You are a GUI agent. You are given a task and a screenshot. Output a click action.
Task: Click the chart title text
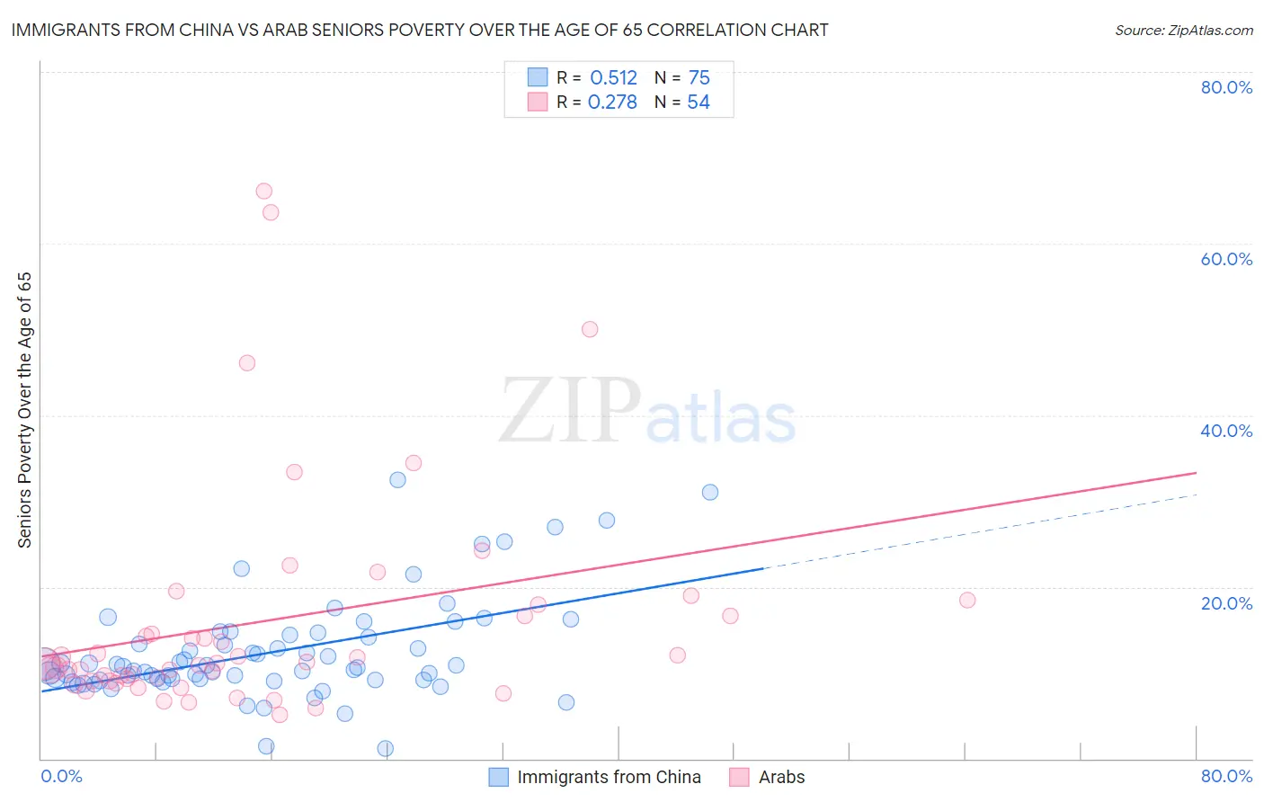420,30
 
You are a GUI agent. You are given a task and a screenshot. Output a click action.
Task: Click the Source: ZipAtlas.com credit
1183,30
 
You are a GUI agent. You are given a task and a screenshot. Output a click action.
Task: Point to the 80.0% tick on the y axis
1226,87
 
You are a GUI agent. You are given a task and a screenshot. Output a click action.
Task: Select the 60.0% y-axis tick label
1226,259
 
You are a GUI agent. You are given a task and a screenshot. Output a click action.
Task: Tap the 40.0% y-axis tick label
1226,431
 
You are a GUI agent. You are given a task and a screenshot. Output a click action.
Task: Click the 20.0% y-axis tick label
1226,603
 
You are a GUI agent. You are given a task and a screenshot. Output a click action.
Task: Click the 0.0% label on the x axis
61,776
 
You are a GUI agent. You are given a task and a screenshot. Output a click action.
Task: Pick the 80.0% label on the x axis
1226,776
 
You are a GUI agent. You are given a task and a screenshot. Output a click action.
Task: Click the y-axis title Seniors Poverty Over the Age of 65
24,410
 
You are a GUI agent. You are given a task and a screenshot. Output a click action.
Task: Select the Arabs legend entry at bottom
781,777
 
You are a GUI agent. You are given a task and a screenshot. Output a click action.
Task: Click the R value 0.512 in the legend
613,78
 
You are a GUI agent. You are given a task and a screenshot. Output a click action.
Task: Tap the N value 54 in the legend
699,102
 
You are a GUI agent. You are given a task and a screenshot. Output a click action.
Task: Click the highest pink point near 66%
263,191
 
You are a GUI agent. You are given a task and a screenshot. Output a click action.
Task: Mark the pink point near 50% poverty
590,329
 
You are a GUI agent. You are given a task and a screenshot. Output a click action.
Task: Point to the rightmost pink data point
967,600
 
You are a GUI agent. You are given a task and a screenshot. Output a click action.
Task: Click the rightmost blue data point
710,492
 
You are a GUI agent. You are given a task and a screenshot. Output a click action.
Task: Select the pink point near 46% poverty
247,363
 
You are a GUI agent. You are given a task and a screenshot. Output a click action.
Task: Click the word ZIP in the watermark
570,411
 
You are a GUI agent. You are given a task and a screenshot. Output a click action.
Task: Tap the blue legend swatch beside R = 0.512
537,77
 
